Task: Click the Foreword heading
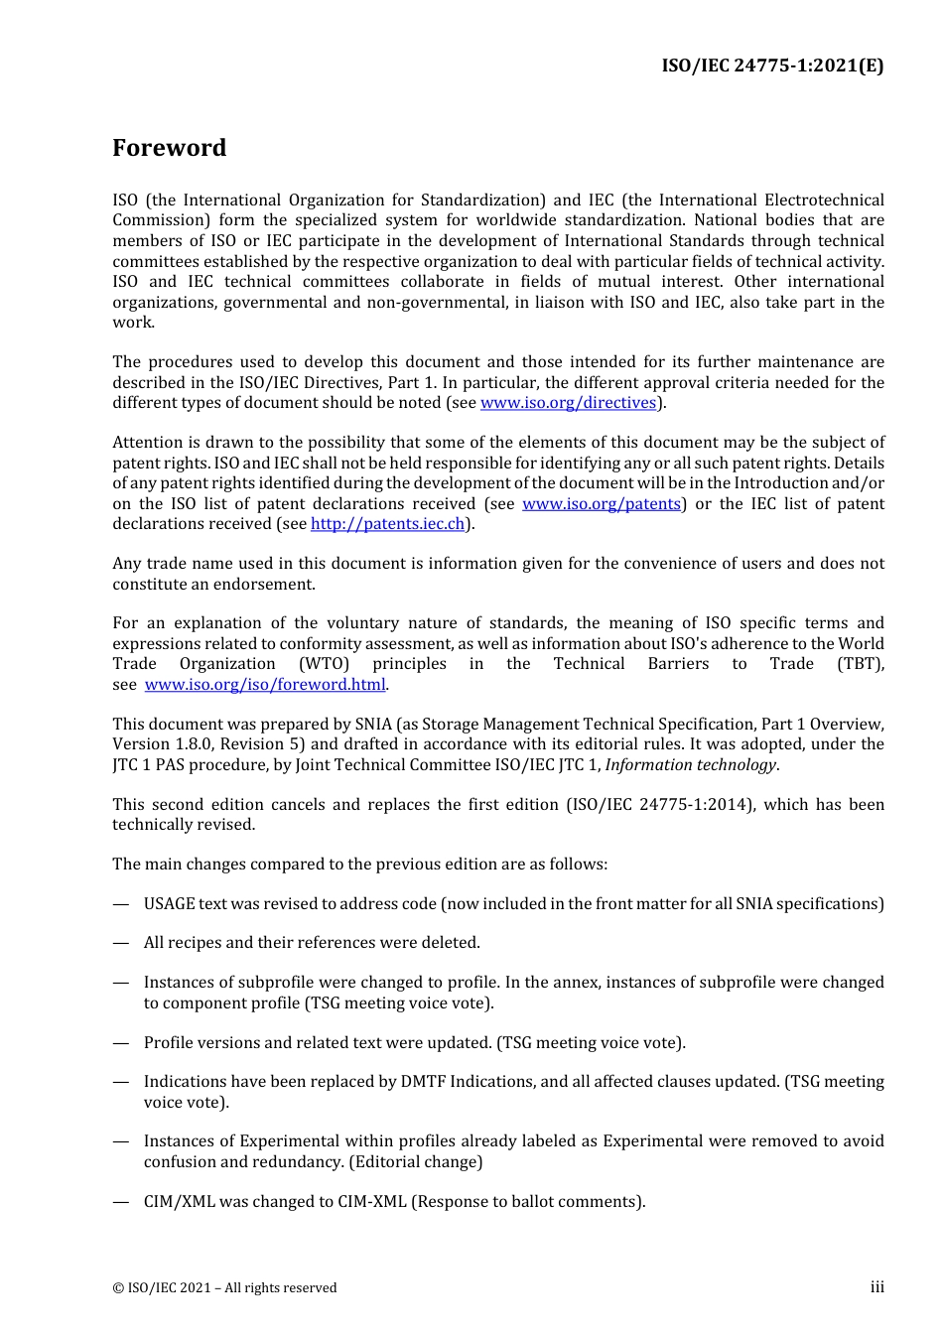169,148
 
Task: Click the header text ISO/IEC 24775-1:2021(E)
772,66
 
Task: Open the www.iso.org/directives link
568,403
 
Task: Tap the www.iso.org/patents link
602,504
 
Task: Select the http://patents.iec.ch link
387,524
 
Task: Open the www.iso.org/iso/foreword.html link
264,685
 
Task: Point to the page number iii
876,1287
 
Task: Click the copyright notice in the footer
224,1288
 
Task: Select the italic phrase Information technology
691,765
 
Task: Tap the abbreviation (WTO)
324,664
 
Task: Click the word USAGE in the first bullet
169,904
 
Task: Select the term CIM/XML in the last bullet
179,1202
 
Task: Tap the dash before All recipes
121,943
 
